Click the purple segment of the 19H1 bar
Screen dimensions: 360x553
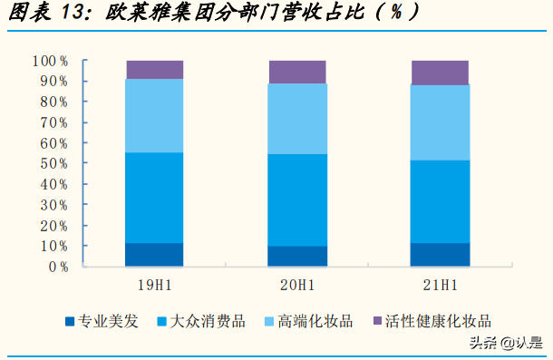(x=155, y=70)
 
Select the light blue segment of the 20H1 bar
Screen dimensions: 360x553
(x=297, y=119)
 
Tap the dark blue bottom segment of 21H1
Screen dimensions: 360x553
(x=440, y=255)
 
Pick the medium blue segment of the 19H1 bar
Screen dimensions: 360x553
(x=155, y=198)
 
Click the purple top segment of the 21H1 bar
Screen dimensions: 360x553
(x=440, y=73)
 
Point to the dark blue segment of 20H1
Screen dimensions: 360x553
(x=297, y=257)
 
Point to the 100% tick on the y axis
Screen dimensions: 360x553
(x=51, y=61)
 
